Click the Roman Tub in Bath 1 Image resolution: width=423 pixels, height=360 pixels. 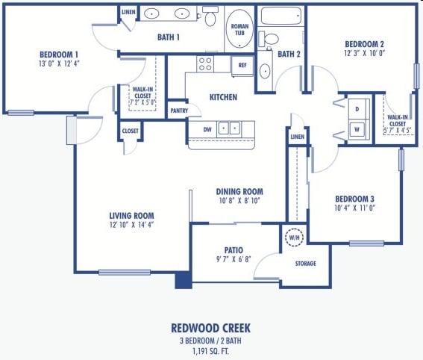click(x=239, y=31)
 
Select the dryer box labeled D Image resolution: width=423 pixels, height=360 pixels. click(x=357, y=109)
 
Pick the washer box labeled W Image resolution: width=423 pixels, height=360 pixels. click(x=357, y=128)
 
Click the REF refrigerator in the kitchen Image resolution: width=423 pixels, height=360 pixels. click(x=242, y=66)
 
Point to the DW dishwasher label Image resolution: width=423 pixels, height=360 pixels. click(x=198, y=129)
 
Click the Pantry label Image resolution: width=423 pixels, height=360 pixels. click(x=179, y=111)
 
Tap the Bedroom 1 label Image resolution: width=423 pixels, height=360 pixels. click(x=59, y=55)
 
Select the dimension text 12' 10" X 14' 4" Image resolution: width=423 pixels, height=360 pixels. click(x=132, y=224)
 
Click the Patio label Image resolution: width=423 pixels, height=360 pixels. click(x=234, y=250)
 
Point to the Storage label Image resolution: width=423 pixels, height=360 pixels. click(x=305, y=264)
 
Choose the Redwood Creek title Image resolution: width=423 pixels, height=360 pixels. click(x=211, y=328)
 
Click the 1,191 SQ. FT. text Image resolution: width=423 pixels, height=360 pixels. click(x=211, y=350)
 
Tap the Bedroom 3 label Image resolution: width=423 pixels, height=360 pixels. click(x=354, y=199)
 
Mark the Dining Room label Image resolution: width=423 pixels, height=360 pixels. click(x=239, y=191)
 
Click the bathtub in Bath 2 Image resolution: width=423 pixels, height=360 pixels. click(x=281, y=15)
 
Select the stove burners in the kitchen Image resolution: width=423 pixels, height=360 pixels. click(x=204, y=65)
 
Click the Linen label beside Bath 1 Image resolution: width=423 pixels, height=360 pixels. click(x=128, y=13)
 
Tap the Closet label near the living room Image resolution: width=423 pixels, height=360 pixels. click(x=130, y=131)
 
